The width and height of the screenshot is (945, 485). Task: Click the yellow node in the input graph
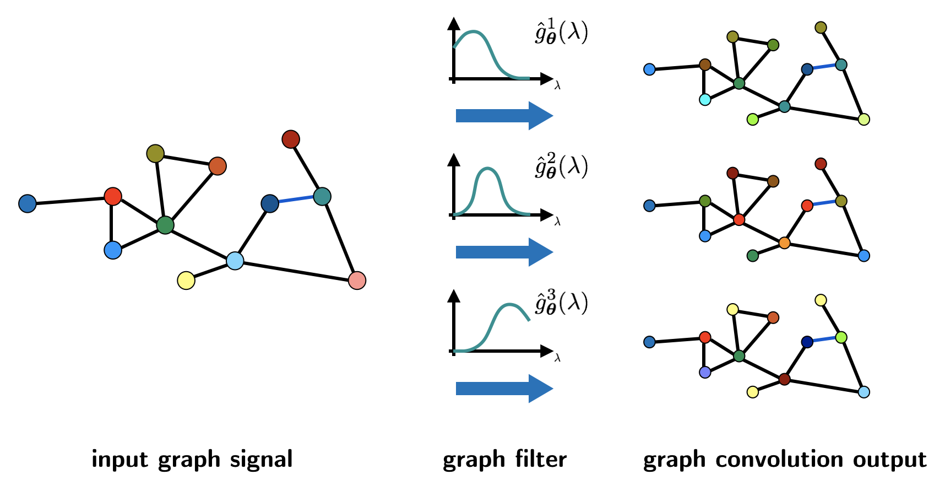[x=186, y=280]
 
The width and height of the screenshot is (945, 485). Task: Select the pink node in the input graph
[x=357, y=280]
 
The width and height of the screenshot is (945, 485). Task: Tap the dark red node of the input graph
[x=291, y=139]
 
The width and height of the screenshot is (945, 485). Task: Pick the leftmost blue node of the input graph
[x=28, y=203]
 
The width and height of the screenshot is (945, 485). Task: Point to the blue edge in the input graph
[x=296, y=200]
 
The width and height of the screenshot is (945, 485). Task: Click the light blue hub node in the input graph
[x=235, y=260]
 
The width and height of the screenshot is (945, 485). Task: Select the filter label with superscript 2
[x=561, y=166]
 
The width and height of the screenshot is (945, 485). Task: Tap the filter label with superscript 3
[x=561, y=303]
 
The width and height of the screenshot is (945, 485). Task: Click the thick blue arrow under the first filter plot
[x=504, y=116]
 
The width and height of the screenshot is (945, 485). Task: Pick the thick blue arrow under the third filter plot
[x=504, y=389]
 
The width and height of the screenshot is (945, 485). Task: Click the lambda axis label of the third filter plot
[x=557, y=358]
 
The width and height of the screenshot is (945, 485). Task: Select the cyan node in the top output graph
[x=705, y=100]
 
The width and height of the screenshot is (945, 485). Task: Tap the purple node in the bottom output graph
[x=705, y=372]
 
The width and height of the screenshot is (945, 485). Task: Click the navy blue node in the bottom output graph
[x=807, y=342]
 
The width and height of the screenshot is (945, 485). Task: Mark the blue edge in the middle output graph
[x=824, y=203]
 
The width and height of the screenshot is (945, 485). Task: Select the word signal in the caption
[x=261, y=459]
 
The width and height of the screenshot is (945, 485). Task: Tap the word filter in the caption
[x=541, y=459]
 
